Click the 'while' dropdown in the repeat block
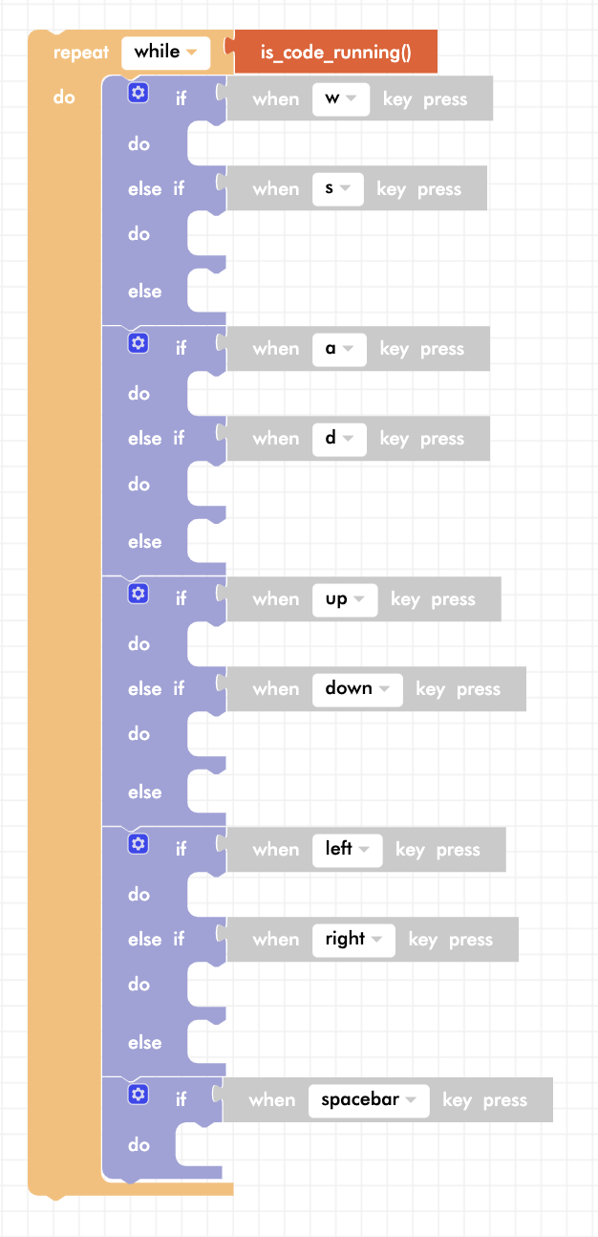165,53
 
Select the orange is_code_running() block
335,52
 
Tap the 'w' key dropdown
341,99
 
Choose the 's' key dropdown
337,189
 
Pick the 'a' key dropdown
339,349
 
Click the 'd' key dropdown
339,439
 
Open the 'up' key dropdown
345,599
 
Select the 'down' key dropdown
357,689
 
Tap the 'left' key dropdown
347,850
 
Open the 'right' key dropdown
353,940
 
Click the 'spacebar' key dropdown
369,1100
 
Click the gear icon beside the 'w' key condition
139,93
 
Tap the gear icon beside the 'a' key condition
139,343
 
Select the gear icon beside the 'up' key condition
139,594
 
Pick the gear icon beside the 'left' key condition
139,844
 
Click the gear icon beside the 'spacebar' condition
139,1095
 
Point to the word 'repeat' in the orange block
81,53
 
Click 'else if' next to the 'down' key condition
156,689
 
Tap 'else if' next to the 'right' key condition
156,940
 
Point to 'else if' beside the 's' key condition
156,189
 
